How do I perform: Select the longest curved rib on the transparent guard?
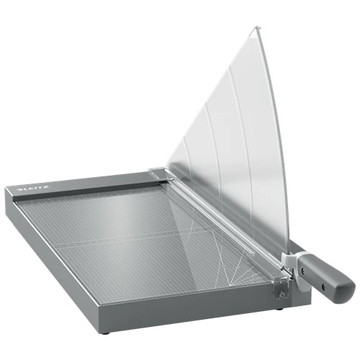(x=246, y=144)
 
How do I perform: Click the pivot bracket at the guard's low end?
(x=159, y=173)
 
